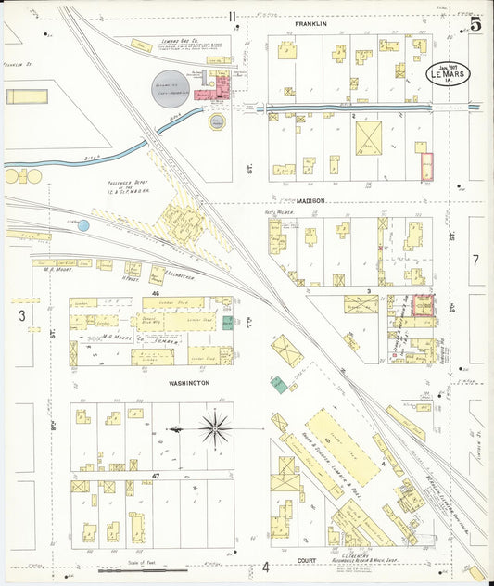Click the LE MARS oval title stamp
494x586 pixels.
point(446,71)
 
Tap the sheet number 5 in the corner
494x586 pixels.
point(475,25)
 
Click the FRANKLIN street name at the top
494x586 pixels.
point(311,22)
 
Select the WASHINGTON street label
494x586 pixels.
point(188,382)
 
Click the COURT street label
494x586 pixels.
point(307,561)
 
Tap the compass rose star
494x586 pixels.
point(215,428)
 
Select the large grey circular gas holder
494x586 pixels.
point(171,89)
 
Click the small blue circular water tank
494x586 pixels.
point(83,225)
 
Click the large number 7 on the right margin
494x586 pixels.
point(475,261)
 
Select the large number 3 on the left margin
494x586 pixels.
point(20,315)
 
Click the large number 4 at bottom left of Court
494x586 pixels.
point(264,567)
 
